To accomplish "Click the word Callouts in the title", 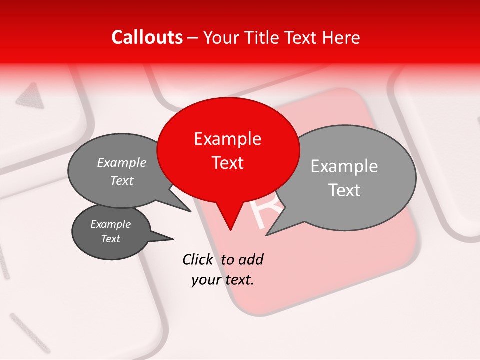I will [x=147, y=37].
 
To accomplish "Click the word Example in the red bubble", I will [x=227, y=139].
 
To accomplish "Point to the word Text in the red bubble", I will [x=227, y=163].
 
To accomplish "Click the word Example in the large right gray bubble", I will [x=344, y=166].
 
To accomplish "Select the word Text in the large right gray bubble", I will [x=344, y=190].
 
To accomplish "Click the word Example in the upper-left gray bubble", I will [x=122, y=162].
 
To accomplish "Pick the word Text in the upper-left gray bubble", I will [x=122, y=180].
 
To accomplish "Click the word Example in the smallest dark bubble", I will [x=110, y=224].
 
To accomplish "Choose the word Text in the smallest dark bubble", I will [x=110, y=239].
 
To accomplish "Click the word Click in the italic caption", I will [x=198, y=259].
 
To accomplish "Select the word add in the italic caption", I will [x=250, y=259].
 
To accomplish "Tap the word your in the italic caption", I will [x=206, y=280].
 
